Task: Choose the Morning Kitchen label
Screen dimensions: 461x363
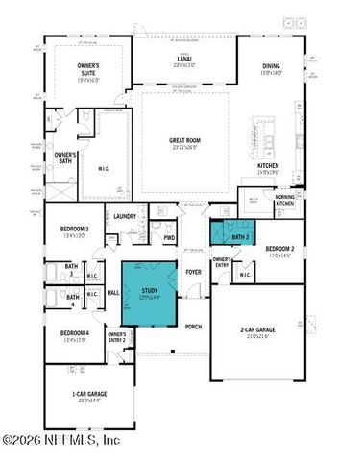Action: click(x=285, y=200)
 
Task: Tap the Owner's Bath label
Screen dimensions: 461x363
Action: click(x=65, y=158)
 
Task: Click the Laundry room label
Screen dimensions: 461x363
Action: click(x=123, y=217)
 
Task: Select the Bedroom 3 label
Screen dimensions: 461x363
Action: click(x=74, y=230)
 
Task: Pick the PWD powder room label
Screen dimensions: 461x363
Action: click(x=169, y=238)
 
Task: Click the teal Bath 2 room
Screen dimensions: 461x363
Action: click(x=231, y=233)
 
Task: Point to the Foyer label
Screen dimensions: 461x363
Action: click(x=194, y=272)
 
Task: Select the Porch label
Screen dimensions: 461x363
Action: click(x=193, y=326)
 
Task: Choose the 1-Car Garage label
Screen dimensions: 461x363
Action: click(x=89, y=397)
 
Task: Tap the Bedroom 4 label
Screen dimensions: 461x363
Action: click(x=74, y=335)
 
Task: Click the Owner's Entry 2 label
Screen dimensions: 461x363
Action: click(x=117, y=337)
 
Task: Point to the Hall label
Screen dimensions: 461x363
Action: click(x=112, y=292)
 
